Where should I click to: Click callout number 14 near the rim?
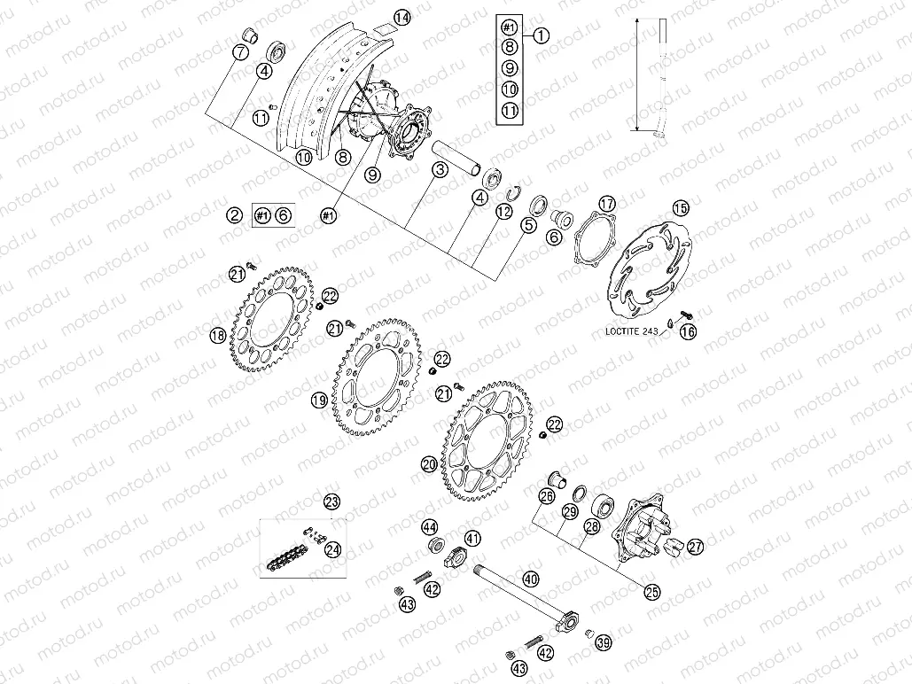[402, 18]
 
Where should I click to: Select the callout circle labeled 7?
[240, 52]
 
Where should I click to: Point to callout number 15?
[680, 208]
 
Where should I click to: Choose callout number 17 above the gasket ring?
[606, 204]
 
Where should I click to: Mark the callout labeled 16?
[688, 332]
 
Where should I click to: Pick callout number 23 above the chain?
[331, 502]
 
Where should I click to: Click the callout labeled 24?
[332, 550]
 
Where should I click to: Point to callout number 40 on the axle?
[531, 579]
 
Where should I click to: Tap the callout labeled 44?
[429, 526]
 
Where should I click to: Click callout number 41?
[472, 538]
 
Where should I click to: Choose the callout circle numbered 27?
[695, 547]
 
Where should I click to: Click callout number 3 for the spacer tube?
[439, 168]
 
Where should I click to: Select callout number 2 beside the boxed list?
[234, 214]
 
